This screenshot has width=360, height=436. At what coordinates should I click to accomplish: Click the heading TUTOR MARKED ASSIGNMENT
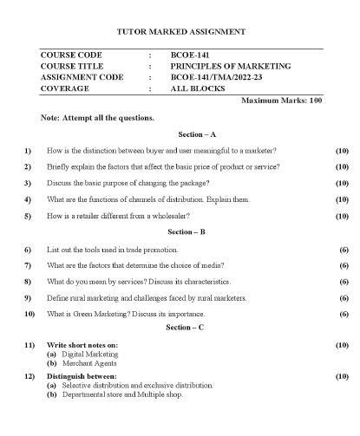[180, 32]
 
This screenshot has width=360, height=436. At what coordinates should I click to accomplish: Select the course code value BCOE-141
[187, 54]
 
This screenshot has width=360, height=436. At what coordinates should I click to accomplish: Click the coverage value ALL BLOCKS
[197, 88]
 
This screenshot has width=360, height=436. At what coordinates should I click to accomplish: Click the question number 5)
[29, 216]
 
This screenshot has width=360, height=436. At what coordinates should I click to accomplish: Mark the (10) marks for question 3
[341, 183]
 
